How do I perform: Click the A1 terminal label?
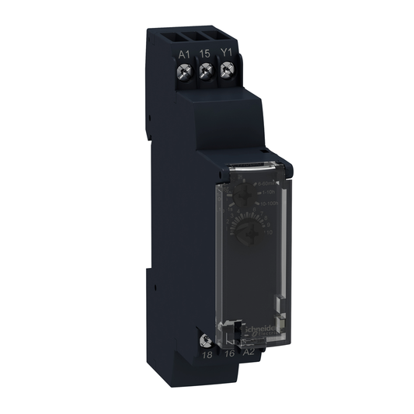[184, 54]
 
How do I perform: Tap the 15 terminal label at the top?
[206, 54]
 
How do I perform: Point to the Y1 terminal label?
[227, 54]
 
